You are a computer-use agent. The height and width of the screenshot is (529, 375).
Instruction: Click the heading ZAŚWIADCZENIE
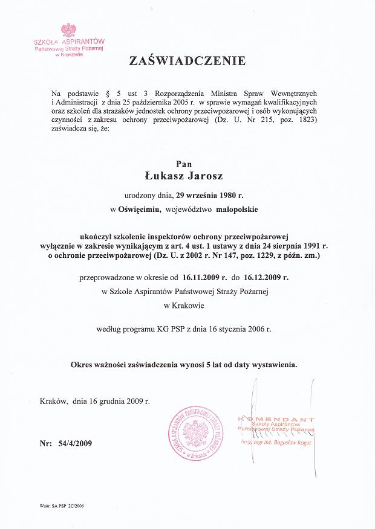coord(186,61)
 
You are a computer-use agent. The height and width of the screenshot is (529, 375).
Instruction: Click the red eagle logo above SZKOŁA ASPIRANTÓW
coord(69,31)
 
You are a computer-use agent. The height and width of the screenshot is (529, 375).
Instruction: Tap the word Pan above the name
coord(184,164)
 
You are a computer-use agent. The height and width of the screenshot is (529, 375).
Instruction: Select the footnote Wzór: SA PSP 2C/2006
coord(62,505)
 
